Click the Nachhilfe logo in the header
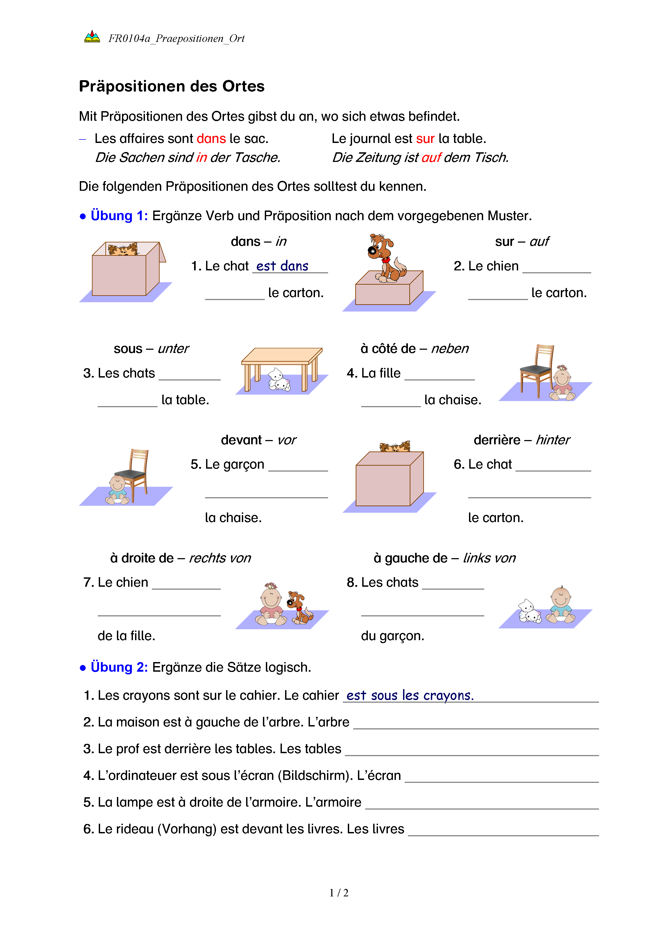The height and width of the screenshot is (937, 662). [92, 37]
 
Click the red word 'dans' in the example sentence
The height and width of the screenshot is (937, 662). [211, 139]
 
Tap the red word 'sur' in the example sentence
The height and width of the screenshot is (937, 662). [425, 139]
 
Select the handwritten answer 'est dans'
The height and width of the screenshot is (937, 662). [282, 266]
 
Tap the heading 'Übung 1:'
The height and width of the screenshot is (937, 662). [119, 215]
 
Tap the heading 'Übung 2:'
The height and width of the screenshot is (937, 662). [119, 667]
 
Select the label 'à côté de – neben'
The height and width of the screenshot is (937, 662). [415, 348]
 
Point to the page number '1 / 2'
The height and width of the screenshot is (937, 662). [339, 893]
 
